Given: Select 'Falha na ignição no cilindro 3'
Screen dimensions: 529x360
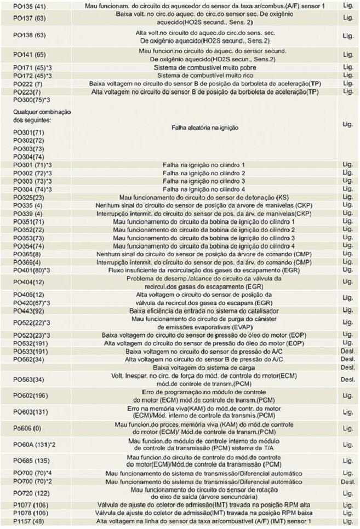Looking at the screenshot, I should [203, 181].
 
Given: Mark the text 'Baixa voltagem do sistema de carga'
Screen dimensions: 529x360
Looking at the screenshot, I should [203, 367].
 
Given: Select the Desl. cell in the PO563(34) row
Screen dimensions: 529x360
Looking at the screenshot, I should [347, 379].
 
